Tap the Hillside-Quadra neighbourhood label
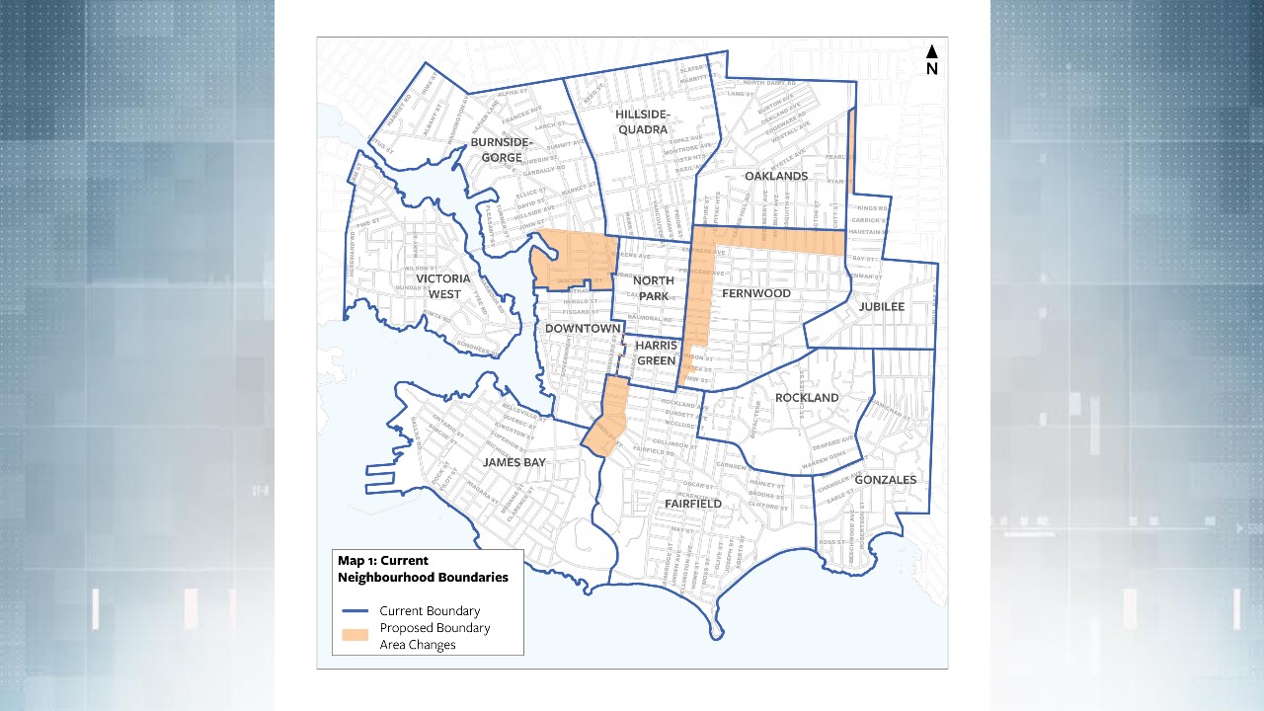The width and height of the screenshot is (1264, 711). (x=642, y=121)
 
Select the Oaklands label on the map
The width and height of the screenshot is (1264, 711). (x=776, y=176)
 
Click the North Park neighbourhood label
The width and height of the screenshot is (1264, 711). (x=653, y=287)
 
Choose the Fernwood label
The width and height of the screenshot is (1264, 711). (x=756, y=293)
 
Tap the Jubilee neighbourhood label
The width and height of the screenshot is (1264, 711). (x=882, y=306)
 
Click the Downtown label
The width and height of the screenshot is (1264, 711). (x=583, y=328)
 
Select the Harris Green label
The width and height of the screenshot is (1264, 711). (x=656, y=353)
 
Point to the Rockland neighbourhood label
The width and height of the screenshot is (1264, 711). (x=807, y=397)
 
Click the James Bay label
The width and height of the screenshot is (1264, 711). (x=513, y=462)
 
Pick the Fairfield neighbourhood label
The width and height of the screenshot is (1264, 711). (x=693, y=504)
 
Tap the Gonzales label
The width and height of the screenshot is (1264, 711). (x=886, y=480)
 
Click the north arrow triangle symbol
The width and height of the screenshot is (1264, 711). (x=931, y=52)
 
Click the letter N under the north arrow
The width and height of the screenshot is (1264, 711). (x=931, y=69)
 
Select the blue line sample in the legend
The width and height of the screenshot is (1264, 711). (x=355, y=611)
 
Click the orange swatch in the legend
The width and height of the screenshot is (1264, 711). (x=355, y=635)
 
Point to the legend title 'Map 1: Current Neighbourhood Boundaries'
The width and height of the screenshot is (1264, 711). (x=423, y=569)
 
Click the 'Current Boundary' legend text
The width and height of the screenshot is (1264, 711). (x=430, y=611)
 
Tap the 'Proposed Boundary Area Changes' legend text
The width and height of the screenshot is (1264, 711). (x=434, y=636)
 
